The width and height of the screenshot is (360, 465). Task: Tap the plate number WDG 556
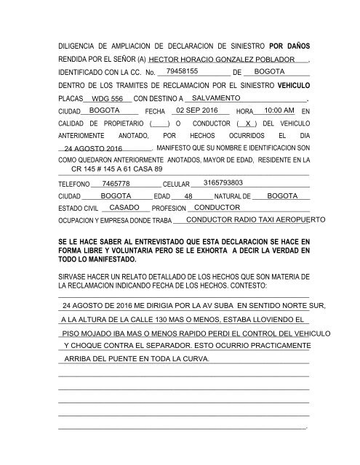pos(97,98)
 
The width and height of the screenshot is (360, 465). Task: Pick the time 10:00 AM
pos(279,110)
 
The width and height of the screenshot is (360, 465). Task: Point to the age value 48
pos(188,197)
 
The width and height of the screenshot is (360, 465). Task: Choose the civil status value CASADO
pos(124,207)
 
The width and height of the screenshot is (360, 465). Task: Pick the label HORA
pos(245,111)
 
